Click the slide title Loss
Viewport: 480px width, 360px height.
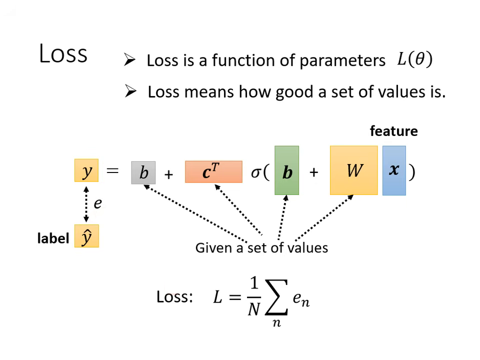[63, 53]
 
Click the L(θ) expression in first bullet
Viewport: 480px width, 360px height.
[414, 59]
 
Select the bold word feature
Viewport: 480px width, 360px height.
[393, 131]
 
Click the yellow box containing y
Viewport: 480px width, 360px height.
[86, 170]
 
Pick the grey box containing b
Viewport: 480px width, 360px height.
[143, 172]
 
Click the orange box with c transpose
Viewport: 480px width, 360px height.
[213, 171]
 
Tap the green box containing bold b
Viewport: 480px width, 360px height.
[287, 170]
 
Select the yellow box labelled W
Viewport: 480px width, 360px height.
[354, 170]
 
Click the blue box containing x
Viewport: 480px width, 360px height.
[394, 170]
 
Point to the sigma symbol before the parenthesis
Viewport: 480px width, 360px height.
[256, 172]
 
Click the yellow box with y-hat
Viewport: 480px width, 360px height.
[86, 236]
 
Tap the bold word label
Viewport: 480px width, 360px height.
[53, 238]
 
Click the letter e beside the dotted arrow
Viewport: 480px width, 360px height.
[97, 203]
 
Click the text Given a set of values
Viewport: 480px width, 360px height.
[261, 247]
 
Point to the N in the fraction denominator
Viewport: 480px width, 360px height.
[254, 310]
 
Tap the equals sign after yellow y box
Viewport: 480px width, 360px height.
[113, 170]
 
